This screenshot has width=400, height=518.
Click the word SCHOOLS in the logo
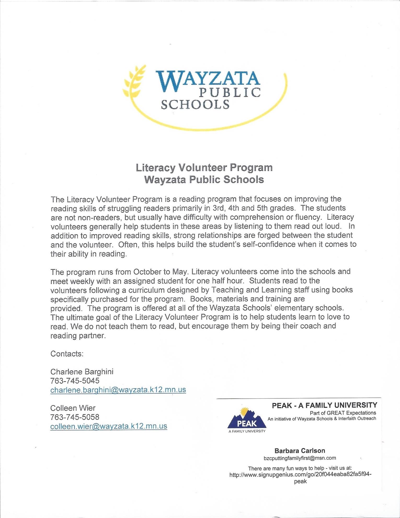(195, 105)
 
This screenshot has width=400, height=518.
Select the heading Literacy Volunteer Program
(204, 168)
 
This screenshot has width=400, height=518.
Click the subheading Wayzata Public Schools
(204, 180)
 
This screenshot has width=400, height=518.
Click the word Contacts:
(67, 354)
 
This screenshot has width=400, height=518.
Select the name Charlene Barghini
(82, 372)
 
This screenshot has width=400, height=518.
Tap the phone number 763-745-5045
(75, 381)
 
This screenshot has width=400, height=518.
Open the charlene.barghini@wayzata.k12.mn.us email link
(118, 390)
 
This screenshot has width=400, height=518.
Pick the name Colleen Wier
(73, 408)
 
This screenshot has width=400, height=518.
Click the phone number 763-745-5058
(75, 417)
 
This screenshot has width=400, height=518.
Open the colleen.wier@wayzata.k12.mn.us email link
(109, 426)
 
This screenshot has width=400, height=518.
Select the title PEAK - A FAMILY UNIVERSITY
(324, 406)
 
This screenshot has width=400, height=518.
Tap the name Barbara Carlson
(300, 451)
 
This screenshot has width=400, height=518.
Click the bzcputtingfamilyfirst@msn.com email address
(300, 458)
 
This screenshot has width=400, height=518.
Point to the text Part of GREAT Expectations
(343, 413)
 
